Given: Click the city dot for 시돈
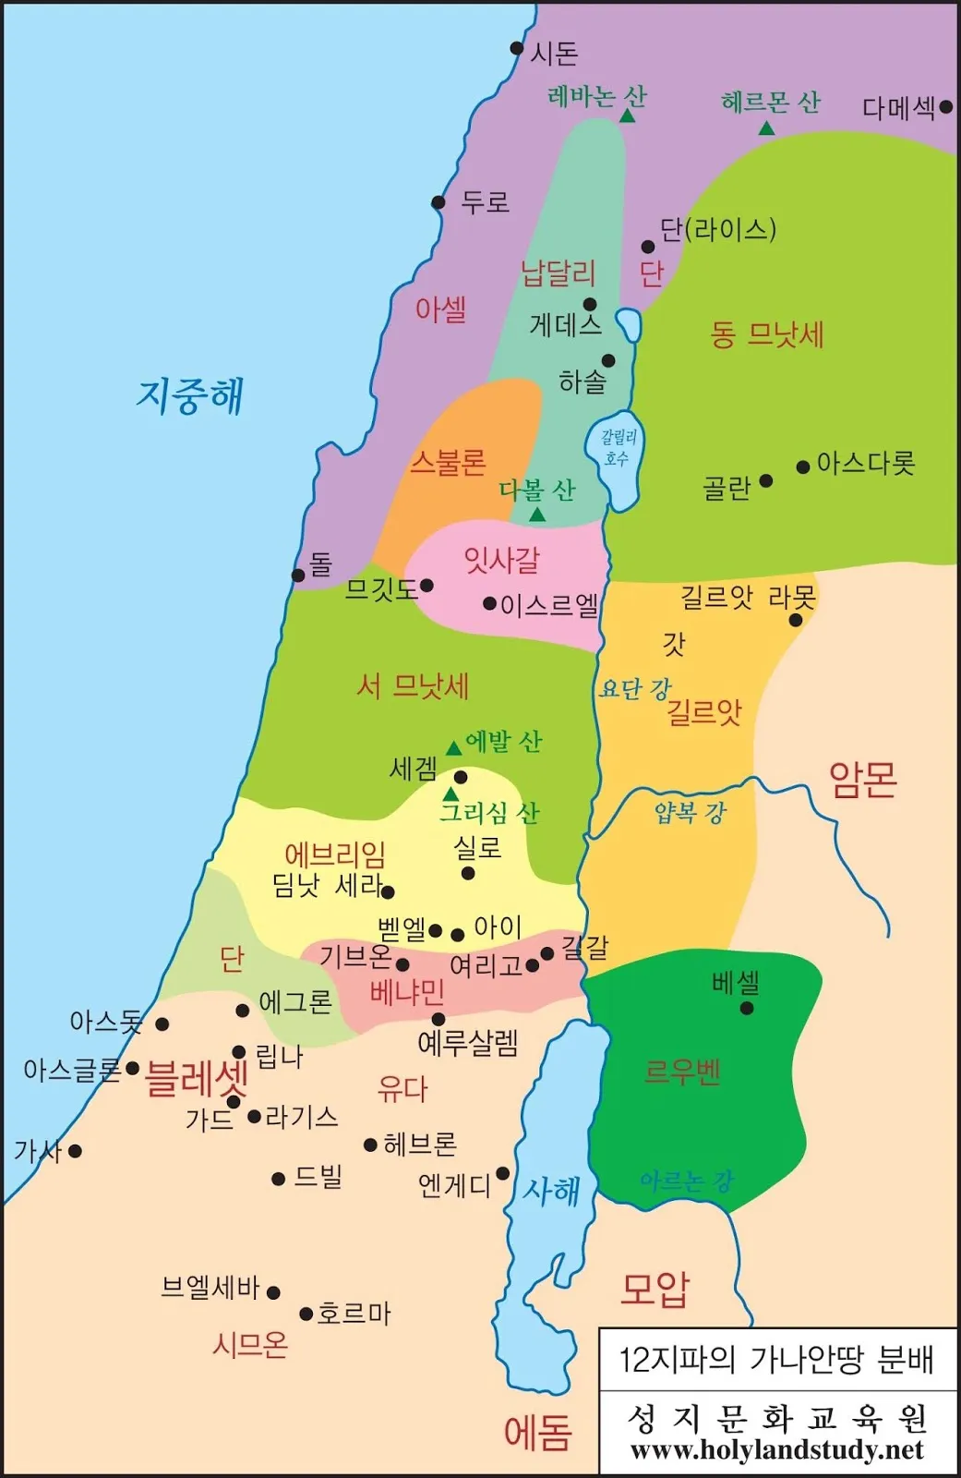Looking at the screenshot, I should (x=517, y=48).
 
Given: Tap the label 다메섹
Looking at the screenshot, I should (x=898, y=108).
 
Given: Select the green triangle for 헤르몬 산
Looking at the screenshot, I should (x=766, y=128).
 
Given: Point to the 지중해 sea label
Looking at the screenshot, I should (x=190, y=395).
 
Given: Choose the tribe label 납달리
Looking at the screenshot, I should (x=559, y=273).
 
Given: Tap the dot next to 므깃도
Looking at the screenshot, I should (x=426, y=586).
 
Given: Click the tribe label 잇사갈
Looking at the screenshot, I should (x=501, y=560).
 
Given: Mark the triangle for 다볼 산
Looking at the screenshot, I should (x=537, y=515).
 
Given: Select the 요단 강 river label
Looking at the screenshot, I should (x=635, y=688).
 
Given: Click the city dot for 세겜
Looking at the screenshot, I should (x=461, y=777).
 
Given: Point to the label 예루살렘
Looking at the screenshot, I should (x=468, y=1044).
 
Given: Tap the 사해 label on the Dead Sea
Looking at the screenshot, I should (x=551, y=1191).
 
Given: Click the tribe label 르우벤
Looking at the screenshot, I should (x=682, y=1072).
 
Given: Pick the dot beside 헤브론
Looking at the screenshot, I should (x=370, y=1145).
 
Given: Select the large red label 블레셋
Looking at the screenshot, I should (x=197, y=1077).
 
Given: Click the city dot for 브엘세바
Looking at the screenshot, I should (x=273, y=1292).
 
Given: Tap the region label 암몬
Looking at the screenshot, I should (x=863, y=781).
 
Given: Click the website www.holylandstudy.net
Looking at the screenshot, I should (x=776, y=1450).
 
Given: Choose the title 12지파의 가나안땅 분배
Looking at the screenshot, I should (x=776, y=1360).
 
